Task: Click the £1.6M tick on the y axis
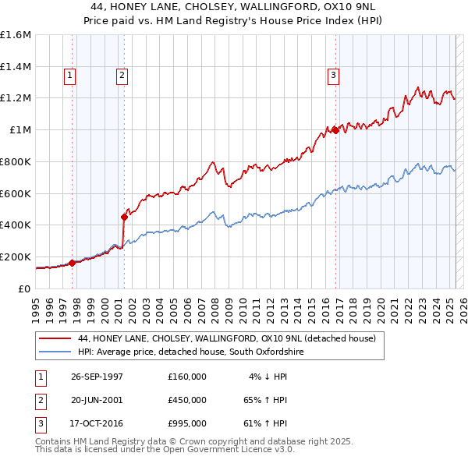tap(16, 35)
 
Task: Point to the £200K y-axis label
tap(16, 257)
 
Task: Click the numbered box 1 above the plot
tap(70, 76)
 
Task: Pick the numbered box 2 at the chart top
tap(122, 76)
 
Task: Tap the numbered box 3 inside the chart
tap(333, 76)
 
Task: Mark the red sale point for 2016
tap(335, 130)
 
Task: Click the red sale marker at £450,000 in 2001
tap(124, 217)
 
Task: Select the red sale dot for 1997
tap(73, 263)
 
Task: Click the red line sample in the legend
tap(54, 338)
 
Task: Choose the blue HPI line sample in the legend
tap(54, 352)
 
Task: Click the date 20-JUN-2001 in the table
tap(97, 400)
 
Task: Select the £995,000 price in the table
tap(186, 423)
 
